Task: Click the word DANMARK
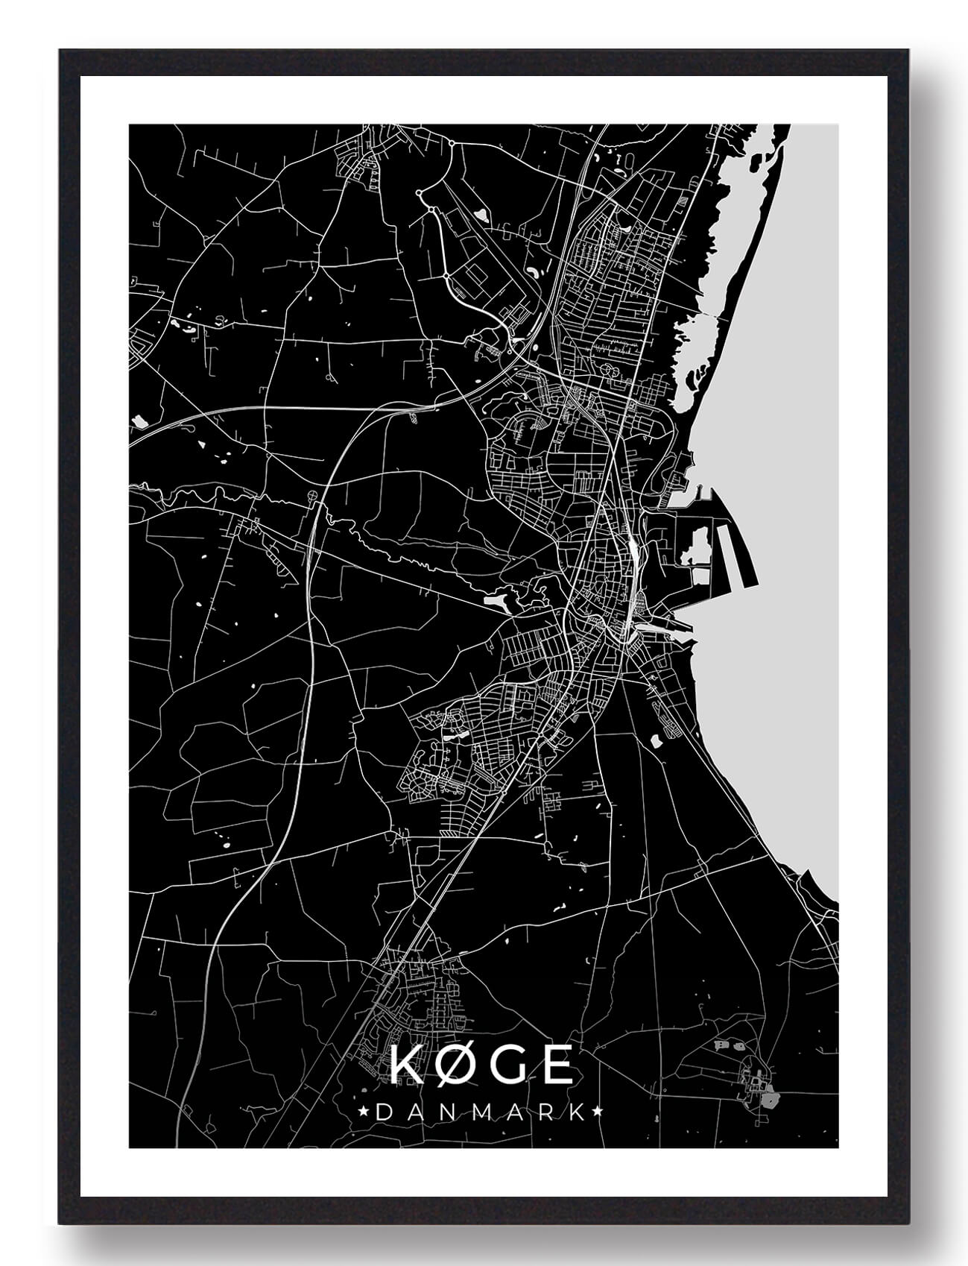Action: click(480, 1112)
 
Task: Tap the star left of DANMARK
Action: click(364, 1112)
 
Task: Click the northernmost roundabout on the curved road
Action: click(451, 142)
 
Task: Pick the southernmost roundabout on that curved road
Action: click(446, 276)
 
